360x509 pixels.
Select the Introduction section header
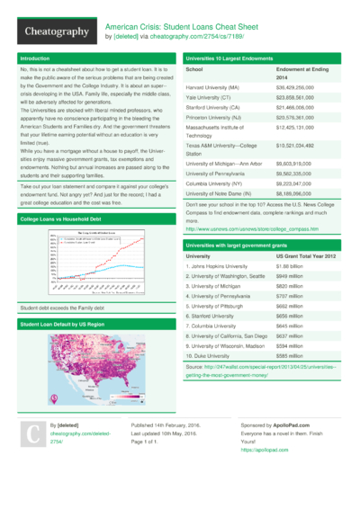coord(36,58)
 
